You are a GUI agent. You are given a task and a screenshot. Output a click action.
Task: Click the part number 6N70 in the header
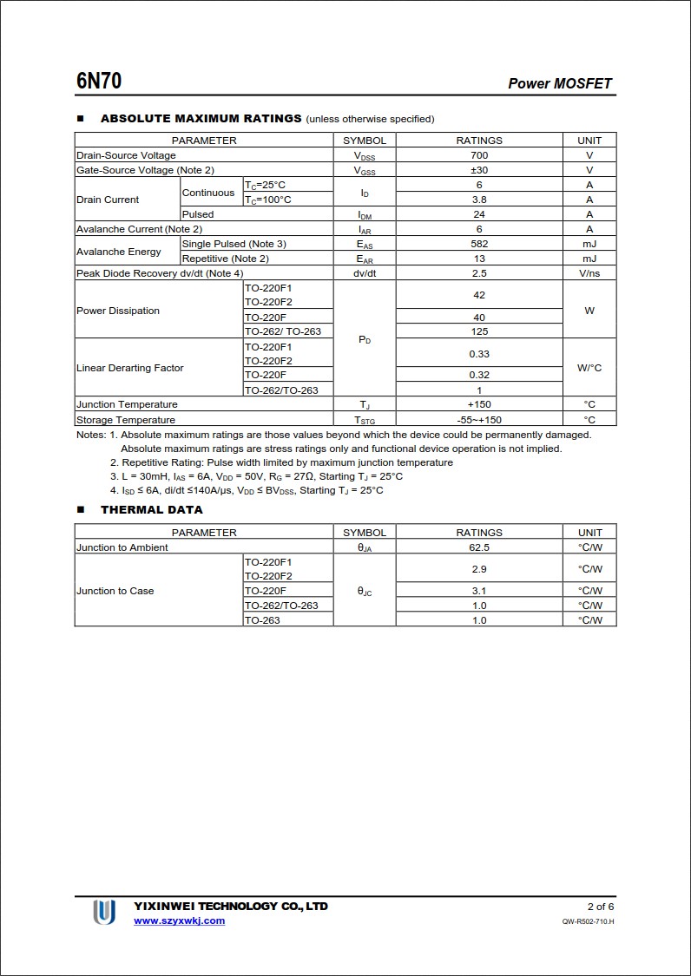pos(99,82)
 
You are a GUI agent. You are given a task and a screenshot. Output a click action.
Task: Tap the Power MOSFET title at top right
pos(560,83)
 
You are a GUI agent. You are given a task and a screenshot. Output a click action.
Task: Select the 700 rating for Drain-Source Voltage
pos(479,155)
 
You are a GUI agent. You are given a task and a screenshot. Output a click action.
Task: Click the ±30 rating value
pos(479,170)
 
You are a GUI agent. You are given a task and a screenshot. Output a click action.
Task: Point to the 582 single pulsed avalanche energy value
pos(479,244)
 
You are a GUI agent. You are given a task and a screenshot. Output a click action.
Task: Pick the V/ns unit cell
pos(589,273)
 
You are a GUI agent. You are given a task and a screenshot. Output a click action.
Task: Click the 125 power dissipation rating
pos(479,331)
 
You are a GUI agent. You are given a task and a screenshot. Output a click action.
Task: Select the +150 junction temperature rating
pos(479,404)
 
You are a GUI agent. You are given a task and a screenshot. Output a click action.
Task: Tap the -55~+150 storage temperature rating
pos(479,420)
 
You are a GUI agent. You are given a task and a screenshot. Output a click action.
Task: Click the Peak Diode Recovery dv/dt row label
pos(160,273)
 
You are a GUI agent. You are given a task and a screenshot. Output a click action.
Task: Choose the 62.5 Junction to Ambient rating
pos(479,547)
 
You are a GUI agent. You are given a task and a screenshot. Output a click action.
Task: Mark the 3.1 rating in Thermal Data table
pos(479,591)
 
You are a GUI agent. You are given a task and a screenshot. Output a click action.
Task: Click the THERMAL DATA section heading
pos(151,510)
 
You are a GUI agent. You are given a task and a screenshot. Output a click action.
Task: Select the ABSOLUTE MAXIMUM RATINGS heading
pos(201,118)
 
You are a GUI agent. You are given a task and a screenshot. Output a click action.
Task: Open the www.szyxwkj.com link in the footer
pos(179,920)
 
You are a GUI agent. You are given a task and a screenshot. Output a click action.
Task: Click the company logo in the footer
pos(104,912)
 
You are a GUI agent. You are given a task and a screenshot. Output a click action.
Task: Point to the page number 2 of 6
pos(600,907)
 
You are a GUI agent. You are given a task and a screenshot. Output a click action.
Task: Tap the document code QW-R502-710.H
pos(588,921)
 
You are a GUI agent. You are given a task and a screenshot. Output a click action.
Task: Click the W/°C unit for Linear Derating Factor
pos(589,368)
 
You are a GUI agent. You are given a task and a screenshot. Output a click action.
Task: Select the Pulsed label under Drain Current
pos(198,214)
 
